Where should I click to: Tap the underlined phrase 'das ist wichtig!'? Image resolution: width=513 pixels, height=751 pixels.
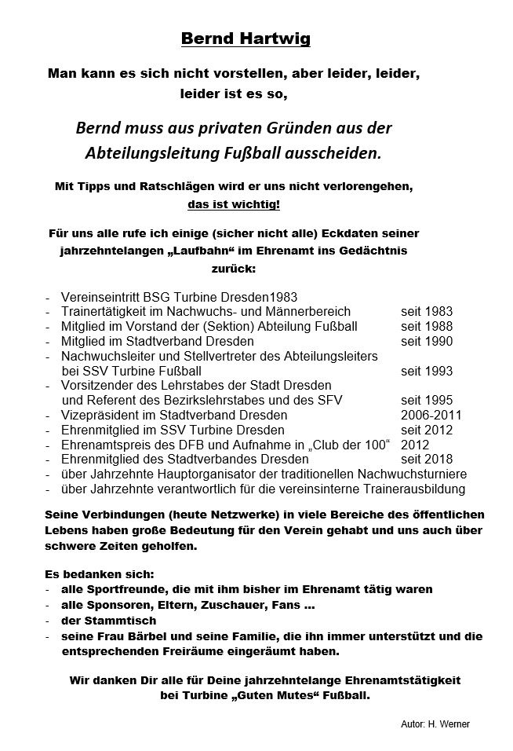click(x=234, y=206)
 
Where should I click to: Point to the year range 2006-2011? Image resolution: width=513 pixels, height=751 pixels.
click(x=431, y=415)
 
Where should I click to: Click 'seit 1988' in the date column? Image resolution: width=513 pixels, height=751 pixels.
click(x=427, y=326)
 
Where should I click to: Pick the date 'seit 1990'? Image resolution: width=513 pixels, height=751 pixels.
click(x=427, y=341)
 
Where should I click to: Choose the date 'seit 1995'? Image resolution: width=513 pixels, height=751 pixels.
click(x=427, y=400)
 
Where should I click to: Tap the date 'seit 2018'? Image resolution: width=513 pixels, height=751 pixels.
click(x=427, y=459)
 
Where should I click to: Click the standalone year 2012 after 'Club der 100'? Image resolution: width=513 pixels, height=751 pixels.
click(x=415, y=445)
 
